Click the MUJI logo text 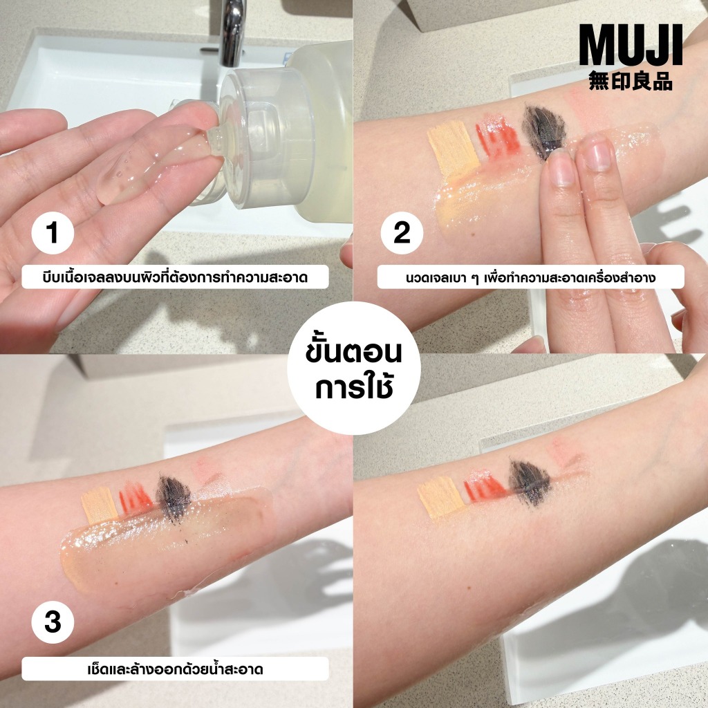coord(631,45)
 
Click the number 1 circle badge coord(53,233)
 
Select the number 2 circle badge coord(402,233)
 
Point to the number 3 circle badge coord(53,622)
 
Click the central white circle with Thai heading coord(354,369)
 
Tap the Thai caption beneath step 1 coord(175,277)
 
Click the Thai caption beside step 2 coord(530,277)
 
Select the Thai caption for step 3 coord(175,669)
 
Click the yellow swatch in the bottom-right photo coord(441,496)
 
